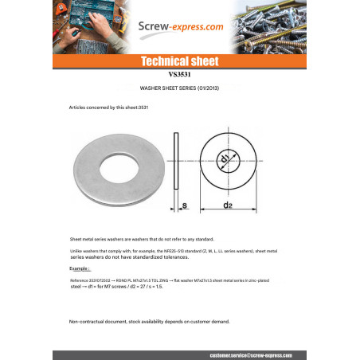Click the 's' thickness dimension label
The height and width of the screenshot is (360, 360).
pyautogui.click(x=185, y=206)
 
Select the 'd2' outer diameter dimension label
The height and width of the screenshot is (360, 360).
pyautogui.click(x=227, y=206)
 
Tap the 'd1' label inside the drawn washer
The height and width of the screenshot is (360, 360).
pyautogui.click(x=225, y=161)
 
